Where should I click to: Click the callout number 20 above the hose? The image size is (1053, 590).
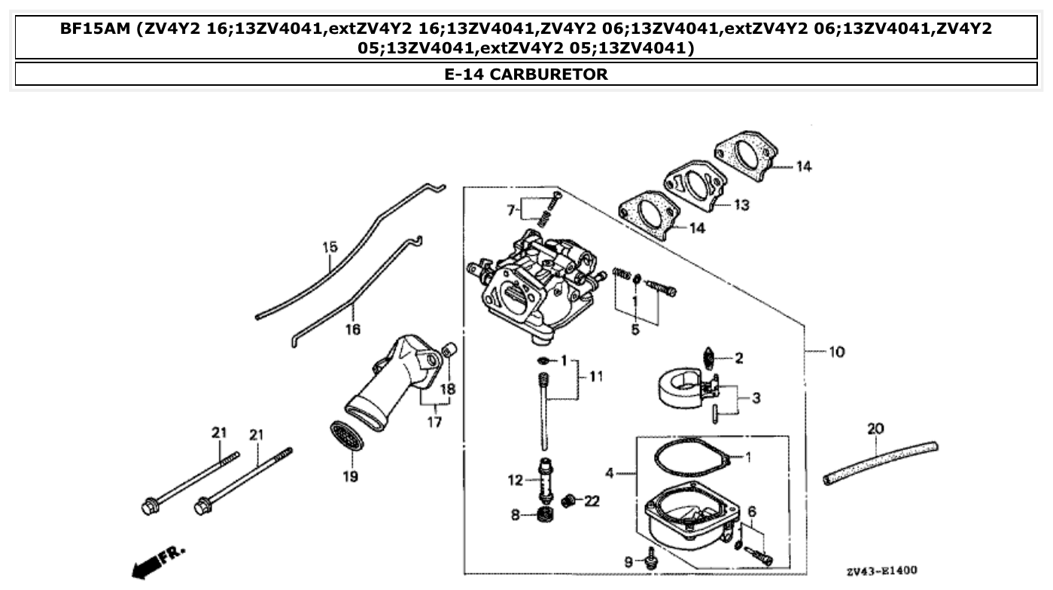[x=875, y=429]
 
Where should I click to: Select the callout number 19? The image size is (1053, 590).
[x=351, y=476]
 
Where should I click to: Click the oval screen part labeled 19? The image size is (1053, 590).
[x=346, y=436]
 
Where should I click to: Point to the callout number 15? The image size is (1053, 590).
[x=330, y=247]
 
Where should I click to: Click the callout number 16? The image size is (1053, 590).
[x=352, y=329]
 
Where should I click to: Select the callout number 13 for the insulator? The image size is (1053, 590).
[x=741, y=205]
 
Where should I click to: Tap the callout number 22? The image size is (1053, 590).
[x=592, y=500]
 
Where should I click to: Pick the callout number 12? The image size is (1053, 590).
[x=515, y=479]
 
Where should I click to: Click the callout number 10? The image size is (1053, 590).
[x=836, y=351]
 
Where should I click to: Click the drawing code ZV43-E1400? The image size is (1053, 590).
[x=881, y=571]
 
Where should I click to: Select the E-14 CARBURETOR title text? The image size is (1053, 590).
[x=526, y=75]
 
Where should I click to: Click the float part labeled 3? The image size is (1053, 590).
[x=681, y=385]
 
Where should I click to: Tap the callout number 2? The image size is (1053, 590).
[x=738, y=358]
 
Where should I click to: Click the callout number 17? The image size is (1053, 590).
[x=434, y=422]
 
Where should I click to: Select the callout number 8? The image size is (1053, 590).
[x=515, y=515]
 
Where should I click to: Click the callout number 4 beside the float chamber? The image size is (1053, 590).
[x=610, y=473]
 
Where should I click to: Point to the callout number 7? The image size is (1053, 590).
[x=510, y=210]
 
